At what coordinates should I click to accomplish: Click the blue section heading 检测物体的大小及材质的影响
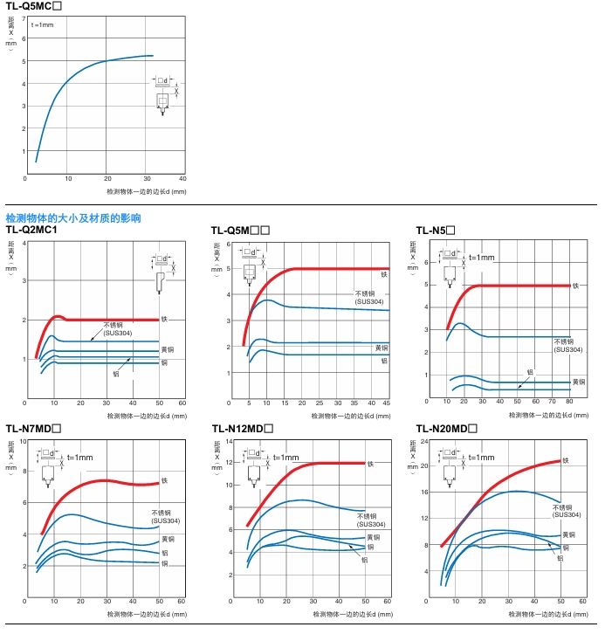tap(73, 218)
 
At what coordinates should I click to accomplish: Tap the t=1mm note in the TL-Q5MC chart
tap(42, 25)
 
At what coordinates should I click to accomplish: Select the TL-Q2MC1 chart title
tap(44, 230)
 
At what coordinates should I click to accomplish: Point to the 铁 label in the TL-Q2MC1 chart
tap(164, 320)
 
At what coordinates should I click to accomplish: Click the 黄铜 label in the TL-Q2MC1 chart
tap(165, 350)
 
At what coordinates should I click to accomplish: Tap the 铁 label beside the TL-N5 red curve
tap(575, 286)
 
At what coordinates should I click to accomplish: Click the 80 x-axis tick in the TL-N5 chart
tap(569, 401)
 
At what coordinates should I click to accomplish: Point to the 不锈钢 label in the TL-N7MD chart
tap(160, 513)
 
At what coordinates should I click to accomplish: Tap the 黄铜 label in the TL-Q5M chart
tap(382, 348)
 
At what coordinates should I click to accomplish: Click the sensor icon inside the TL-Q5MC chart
tap(162, 99)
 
